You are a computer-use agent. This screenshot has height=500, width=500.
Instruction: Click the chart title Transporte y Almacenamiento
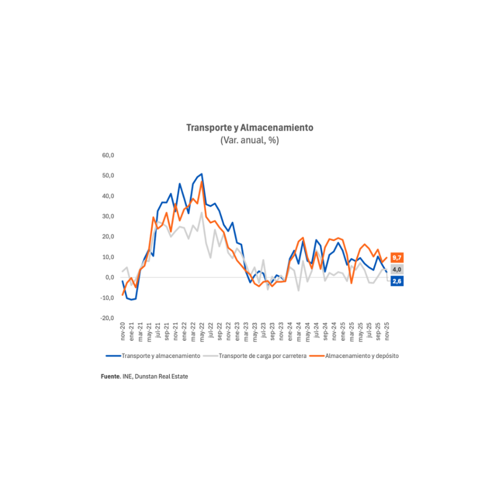point(250,127)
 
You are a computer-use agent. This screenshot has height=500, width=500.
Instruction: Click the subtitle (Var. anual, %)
point(250,140)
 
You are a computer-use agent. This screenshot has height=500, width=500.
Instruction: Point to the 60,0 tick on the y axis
point(107,155)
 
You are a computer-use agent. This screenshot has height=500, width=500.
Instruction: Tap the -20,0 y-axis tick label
point(107,318)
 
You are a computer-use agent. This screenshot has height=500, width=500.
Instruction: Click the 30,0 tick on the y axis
point(107,216)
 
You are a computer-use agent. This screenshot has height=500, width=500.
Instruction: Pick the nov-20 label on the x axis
point(123,333)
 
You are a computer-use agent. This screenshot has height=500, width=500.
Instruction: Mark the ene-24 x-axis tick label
point(291,333)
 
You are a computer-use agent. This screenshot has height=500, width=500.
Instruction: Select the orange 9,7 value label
point(397,257)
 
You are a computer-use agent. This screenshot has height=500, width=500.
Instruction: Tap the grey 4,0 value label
point(397,270)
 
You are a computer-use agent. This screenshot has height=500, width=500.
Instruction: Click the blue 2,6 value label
point(397,281)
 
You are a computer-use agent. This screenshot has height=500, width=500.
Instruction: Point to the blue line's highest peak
point(202,174)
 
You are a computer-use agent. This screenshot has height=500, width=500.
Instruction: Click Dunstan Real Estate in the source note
point(162,377)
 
